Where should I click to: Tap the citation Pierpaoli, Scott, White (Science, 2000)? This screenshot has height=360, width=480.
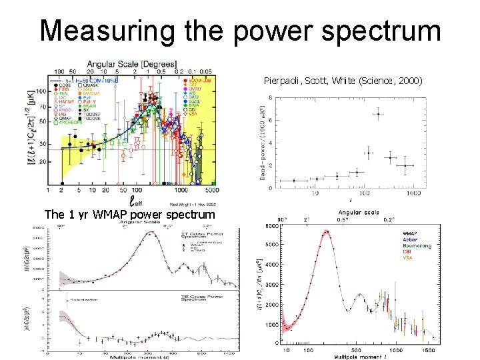343,81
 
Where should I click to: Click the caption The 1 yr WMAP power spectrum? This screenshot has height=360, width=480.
129,215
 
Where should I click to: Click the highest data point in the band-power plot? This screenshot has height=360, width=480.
379,114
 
